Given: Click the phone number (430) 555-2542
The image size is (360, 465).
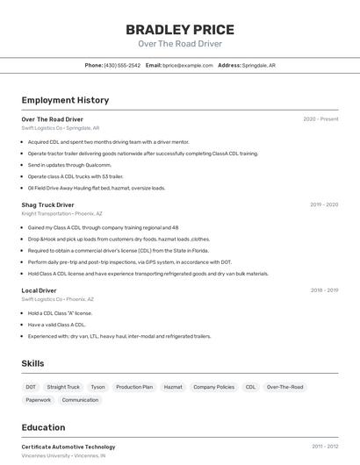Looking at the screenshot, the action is (x=122, y=65).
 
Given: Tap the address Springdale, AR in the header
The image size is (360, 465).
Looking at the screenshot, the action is (x=259, y=65).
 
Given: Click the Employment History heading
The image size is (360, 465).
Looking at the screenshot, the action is (x=65, y=100).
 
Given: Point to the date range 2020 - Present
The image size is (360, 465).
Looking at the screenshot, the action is (x=320, y=119).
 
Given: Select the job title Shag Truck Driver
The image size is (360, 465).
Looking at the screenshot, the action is (x=48, y=204).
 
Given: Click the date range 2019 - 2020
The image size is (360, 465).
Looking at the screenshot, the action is (x=323, y=204).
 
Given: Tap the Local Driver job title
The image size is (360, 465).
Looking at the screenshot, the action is (x=39, y=290).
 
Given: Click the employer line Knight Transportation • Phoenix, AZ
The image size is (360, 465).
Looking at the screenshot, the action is (x=62, y=213).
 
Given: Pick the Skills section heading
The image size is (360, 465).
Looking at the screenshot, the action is (x=33, y=363).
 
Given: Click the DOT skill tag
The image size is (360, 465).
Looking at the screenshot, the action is (x=31, y=387).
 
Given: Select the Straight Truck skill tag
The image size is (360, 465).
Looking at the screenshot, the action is (x=63, y=387).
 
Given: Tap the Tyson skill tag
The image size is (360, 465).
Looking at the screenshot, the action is (x=97, y=387).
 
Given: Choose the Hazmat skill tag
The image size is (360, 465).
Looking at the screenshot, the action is (x=173, y=387).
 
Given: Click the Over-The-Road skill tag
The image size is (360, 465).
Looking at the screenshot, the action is (x=284, y=387).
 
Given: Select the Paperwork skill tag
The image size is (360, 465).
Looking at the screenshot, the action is (x=38, y=400).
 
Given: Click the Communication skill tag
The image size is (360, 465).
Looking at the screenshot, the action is (x=80, y=400).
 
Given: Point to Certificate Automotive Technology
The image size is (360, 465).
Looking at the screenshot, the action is (x=68, y=447).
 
